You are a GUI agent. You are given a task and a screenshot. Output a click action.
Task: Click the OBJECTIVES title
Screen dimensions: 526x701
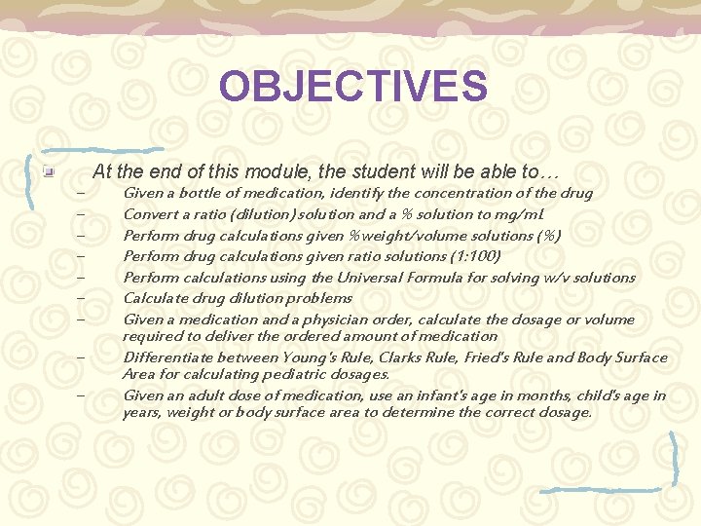tap(352, 86)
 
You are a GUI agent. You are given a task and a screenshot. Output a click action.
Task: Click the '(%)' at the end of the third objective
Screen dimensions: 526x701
tap(548, 235)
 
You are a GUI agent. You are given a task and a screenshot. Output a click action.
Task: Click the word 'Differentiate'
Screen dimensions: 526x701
tap(166, 357)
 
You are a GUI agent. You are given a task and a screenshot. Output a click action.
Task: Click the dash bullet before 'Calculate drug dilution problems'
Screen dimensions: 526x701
tap(80, 298)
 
